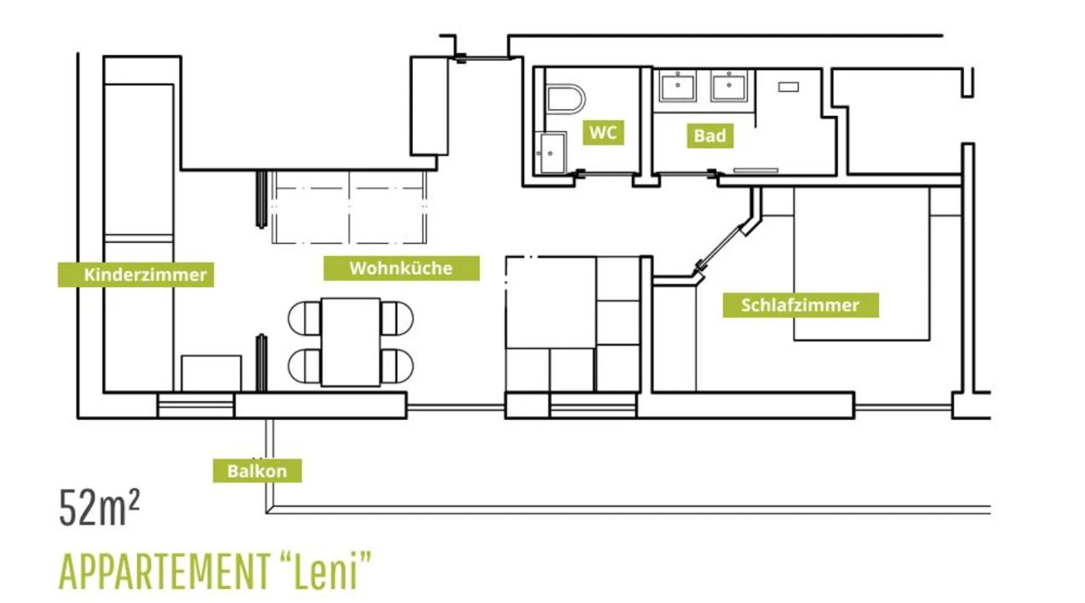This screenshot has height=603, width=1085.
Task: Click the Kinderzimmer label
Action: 136,274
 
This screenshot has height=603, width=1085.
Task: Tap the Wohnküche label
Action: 401,268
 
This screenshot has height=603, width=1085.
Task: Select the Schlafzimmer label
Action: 800,305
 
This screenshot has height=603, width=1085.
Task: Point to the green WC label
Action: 603,133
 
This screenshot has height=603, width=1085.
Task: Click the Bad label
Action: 710,136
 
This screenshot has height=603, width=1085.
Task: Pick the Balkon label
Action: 257,470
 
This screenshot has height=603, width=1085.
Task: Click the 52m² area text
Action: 99,507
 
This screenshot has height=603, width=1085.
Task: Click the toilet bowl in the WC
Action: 565,99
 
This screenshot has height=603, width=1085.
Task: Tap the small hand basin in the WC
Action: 552,153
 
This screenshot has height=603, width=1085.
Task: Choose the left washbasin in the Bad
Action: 678,87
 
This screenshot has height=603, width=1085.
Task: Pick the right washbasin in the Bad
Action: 729,87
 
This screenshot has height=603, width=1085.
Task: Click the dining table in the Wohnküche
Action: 351,342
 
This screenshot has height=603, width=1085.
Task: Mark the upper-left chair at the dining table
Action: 305,318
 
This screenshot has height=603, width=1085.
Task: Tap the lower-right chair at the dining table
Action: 397,366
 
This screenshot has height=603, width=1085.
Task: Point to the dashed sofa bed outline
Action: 349,207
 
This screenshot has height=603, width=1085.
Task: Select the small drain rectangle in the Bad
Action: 788,87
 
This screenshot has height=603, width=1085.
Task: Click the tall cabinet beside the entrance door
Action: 429,106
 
